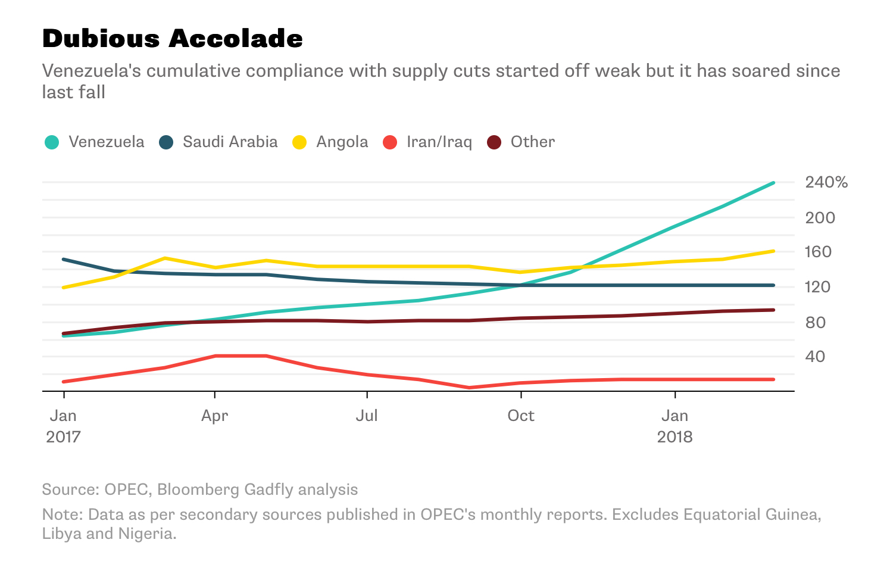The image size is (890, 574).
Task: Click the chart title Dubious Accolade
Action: click(173, 39)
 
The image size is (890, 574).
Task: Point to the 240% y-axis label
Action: click(826, 182)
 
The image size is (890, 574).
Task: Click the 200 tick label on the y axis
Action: click(820, 217)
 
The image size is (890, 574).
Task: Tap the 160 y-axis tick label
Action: click(819, 252)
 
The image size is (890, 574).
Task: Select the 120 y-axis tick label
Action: click(819, 287)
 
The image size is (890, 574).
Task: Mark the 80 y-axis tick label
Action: click(816, 322)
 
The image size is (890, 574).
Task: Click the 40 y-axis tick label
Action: click(816, 357)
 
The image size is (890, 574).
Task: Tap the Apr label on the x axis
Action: click(214, 416)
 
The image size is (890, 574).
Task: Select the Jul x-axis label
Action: click(367, 416)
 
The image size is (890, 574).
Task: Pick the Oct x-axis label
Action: click(521, 416)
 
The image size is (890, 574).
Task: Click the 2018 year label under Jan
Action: click(674, 437)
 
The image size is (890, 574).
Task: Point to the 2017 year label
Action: click(63, 437)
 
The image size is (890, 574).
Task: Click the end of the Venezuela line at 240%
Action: click(773, 183)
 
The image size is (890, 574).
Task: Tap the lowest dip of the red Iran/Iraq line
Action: click(470, 388)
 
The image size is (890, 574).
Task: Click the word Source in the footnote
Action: click(70, 489)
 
